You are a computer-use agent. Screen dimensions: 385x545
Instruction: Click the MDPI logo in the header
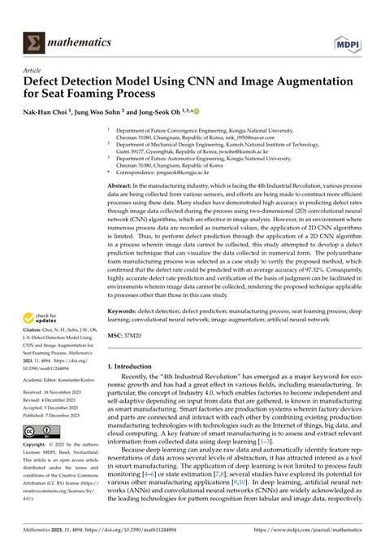coord(353,19)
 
